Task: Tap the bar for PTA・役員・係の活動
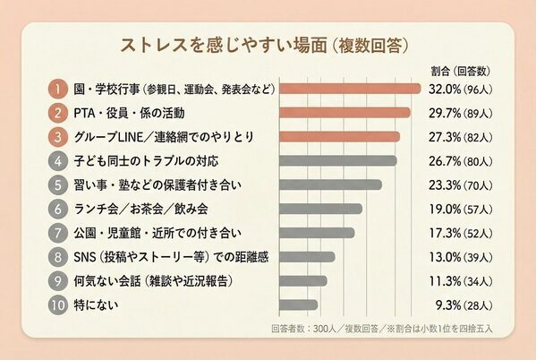[x=345, y=113]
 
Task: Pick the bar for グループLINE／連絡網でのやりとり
[x=341, y=137]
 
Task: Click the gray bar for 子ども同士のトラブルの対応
[x=339, y=161]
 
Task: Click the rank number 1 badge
[x=56, y=89]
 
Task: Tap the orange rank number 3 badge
[x=56, y=137]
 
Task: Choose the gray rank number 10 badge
[x=56, y=304]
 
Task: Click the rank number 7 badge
[x=56, y=233]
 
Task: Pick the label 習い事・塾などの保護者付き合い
[x=156, y=184]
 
